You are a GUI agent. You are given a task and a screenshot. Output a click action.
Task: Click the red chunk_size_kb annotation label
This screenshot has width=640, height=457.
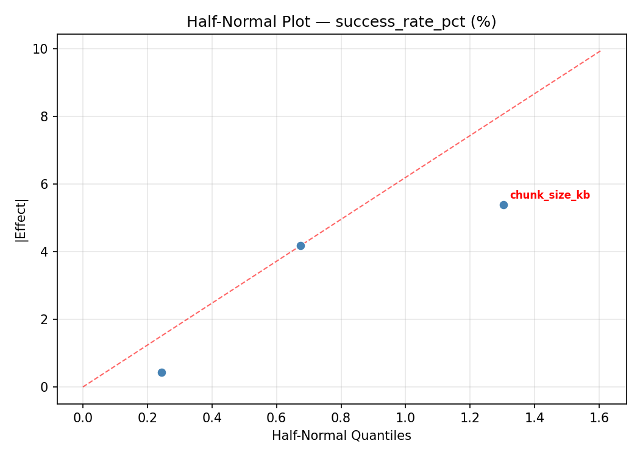(x=550, y=196)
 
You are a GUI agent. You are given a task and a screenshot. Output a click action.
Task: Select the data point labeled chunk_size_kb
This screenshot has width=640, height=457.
(x=503, y=205)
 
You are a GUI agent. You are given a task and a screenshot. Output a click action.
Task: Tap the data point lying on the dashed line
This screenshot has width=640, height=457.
(x=300, y=246)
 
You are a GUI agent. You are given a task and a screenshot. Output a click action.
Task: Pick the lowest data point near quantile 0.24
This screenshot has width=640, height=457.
(x=162, y=372)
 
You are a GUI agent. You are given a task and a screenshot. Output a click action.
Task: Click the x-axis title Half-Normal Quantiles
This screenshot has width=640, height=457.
(x=341, y=436)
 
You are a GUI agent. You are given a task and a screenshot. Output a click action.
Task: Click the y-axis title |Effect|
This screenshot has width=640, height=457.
(x=22, y=219)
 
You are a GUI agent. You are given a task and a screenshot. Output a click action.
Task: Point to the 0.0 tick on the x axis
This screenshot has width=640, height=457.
(x=83, y=418)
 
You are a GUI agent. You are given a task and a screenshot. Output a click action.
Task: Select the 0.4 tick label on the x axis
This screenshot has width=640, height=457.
(x=212, y=418)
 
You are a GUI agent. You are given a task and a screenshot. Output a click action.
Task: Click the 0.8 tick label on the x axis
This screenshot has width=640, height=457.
(x=341, y=418)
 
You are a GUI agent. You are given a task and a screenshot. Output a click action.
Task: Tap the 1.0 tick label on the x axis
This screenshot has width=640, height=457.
(x=405, y=418)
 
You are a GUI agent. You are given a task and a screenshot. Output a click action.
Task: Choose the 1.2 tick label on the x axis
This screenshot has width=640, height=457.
(x=470, y=418)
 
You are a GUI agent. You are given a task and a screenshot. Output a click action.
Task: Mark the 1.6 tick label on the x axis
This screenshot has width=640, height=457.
(x=599, y=418)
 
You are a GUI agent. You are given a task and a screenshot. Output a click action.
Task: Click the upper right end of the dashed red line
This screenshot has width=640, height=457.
(x=600, y=51)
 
